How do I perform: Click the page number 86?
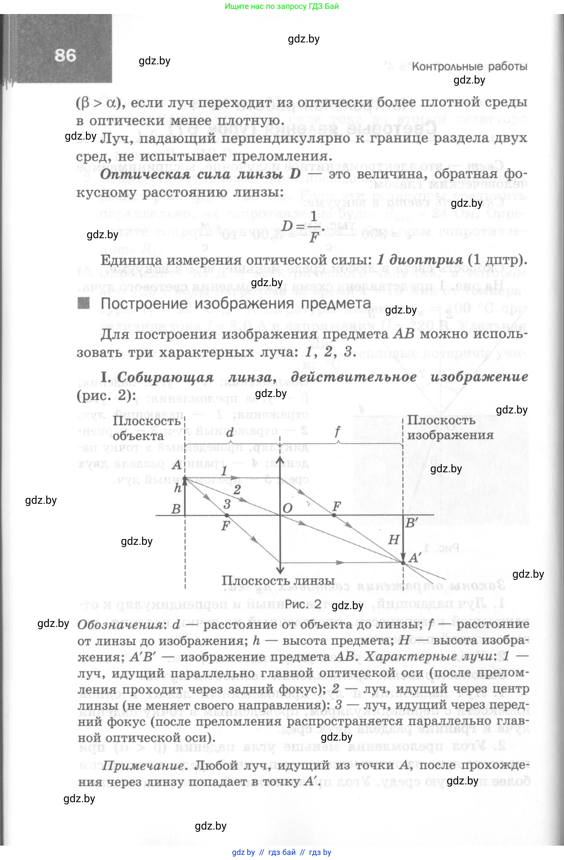[65, 56]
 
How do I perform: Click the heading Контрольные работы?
[469, 66]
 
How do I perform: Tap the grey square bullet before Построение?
[84, 303]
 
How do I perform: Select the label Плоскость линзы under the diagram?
[278, 581]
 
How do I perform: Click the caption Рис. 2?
[303, 604]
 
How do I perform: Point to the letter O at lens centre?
[287, 509]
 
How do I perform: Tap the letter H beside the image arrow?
[393, 540]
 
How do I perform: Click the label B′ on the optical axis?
[411, 523]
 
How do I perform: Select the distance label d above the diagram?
[230, 432]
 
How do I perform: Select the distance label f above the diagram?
[337, 431]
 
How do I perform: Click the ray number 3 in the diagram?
[227, 503]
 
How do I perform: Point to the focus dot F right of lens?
[334, 515]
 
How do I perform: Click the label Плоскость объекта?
[146, 428]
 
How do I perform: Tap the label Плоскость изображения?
[450, 428]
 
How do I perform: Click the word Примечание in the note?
[143, 765]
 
